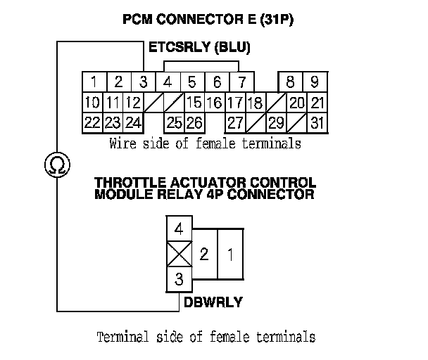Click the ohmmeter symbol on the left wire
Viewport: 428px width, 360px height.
click(53, 165)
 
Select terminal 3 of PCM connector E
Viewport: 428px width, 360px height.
click(143, 81)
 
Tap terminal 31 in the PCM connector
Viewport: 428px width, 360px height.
click(317, 123)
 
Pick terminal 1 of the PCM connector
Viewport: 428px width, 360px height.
click(93, 81)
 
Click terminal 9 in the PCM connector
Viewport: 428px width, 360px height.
click(315, 81)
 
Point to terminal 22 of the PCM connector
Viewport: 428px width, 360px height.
click(92, 123)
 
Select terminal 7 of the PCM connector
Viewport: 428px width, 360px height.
click(241, 81)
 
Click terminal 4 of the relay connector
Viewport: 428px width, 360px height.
click(179, 229)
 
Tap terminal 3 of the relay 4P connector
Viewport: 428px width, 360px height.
click(179, 279)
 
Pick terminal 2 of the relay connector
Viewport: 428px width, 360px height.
click(204, 254)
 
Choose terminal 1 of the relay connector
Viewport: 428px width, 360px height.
click(230, 254)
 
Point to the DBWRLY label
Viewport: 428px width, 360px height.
click(213, 302)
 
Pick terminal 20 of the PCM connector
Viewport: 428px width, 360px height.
click(296, 103)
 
